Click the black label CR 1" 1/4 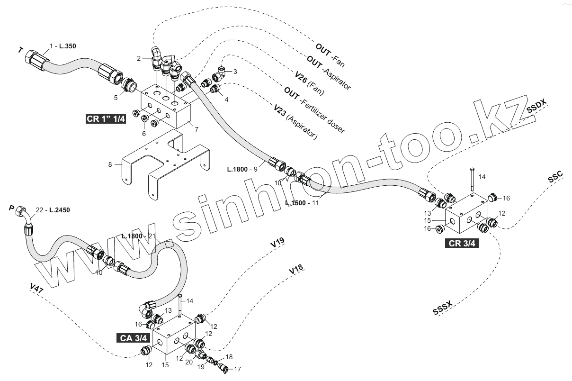pyautogui.click(x=106, y=119)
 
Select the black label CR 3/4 pyautogui.click(x=461, y=244)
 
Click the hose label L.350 pyautogui.click(x=67, y=46)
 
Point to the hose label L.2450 pyautogui.click(x=59, y=209)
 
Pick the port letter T pyautogui.click(x=20, y=50)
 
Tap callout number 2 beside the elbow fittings pyautogui.click(x=139, y=58)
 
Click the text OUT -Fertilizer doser pyautogui.click(x=314, y=109)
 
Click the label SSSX pyautogui.click(x=443, y=308)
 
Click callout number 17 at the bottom pyautogui.click(x=238, y=369)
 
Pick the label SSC pyautogui.click(x=555, y=177)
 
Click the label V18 pyautogui.click(x=295, y=269)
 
